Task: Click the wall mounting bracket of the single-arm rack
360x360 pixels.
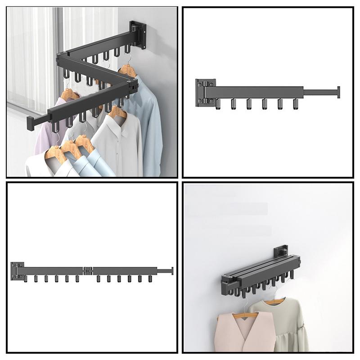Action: tap(205, 93)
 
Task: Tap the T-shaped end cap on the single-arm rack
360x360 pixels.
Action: tap(338, 92)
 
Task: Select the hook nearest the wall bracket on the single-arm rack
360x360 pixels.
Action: tap(219, 104)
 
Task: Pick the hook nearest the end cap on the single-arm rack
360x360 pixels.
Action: tap(296, 104)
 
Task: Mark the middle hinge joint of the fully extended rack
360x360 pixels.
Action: tap(88, 270)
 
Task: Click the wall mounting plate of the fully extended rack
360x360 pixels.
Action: tap(17, 270)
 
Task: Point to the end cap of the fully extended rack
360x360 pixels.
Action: tap(171, 270)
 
